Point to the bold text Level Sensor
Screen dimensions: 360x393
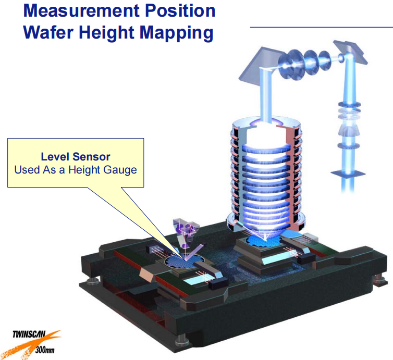coord(76,157)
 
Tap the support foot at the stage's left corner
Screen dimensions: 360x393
coord(92,282)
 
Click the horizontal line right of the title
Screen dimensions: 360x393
coord(321,27)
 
